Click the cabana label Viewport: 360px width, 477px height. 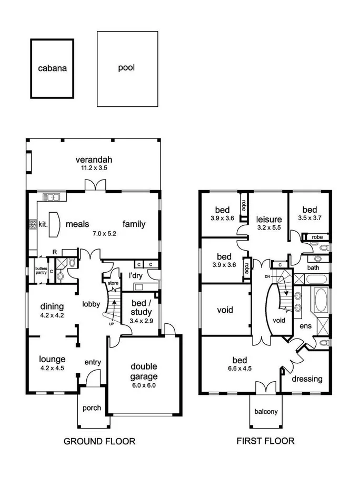(x=52, y=68)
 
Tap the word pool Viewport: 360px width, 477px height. (x=126, y=67)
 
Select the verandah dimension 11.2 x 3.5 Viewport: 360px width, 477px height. (x=94, y=168)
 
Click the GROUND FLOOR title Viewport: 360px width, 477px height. (x=99, y=441)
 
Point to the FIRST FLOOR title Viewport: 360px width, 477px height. (x=265, y=441)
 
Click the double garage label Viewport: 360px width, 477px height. (x=136, y=372)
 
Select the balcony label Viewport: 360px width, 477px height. (x=266, y=412)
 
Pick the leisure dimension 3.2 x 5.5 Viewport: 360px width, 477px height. (x=269, y=228)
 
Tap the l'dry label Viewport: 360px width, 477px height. (x=129, y=275)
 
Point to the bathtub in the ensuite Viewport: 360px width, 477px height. (x=320, y=301)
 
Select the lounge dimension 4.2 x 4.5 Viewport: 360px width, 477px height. (x=52, y=368)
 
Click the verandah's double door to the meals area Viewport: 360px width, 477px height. (x=97, y=185)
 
